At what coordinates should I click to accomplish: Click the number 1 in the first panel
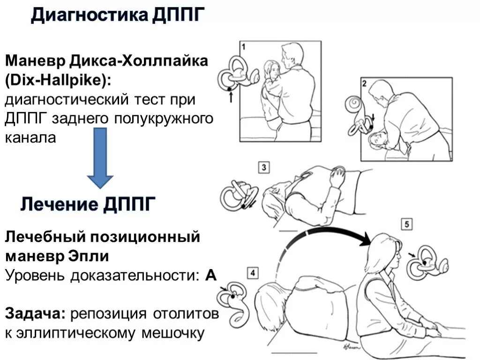[244, 47]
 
